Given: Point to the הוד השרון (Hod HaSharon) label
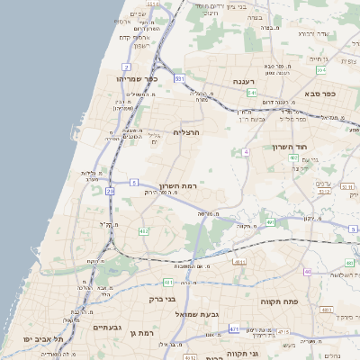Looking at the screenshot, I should click(289, 146).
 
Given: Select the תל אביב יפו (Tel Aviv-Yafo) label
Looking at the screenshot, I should click(36, 340).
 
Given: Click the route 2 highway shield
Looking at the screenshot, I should click(126, 67).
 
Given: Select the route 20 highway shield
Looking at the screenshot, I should click(110, 191).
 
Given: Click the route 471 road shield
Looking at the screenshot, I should click(233, 328).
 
